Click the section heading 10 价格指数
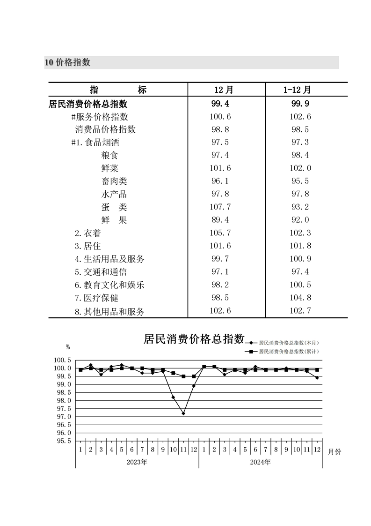click(67, 62)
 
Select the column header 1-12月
click(297, 90)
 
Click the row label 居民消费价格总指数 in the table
click(88, 104)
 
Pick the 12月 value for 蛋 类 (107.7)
click(221, 207)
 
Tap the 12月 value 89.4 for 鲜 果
click(221, 220)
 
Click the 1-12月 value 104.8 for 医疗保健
click(300, 298)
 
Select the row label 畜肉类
click(114, 181)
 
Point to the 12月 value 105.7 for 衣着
click(221, 233)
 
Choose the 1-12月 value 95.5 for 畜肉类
click(300, 181)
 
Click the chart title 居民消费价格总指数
click(194, 339)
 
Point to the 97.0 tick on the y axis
click(64, 417)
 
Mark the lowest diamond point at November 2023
click(183, 413)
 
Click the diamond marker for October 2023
click(173, 397)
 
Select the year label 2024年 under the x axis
click(260, 462)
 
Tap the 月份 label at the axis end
click(335, 451)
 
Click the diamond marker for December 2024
click(317, 378)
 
